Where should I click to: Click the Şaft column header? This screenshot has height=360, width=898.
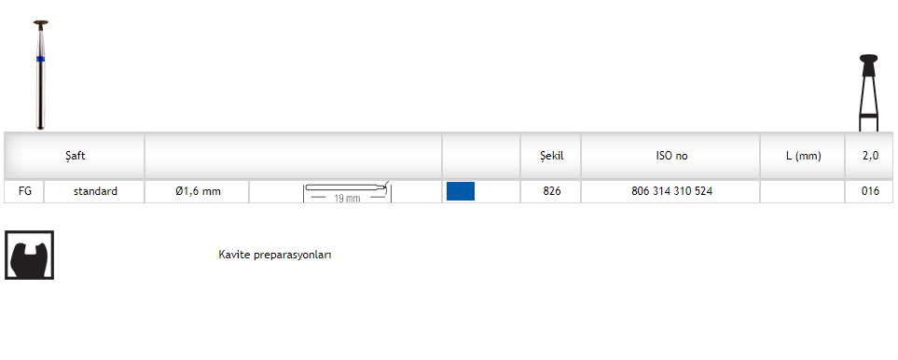pos(75,156)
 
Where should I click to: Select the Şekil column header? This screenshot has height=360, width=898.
pos(551,156)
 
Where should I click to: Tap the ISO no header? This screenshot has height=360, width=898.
pos(671,156)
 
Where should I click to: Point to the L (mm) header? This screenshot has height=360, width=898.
pos(804,156)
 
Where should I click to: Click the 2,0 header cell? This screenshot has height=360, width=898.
pos(870,156)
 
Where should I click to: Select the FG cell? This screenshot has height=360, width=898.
pos(24,191)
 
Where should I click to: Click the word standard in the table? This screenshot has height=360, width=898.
pos(95,191)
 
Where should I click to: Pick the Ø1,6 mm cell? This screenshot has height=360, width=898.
pos(198,191)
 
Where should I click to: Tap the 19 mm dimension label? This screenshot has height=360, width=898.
pos(347,199)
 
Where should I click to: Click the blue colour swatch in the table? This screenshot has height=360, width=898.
pos(461,191)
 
